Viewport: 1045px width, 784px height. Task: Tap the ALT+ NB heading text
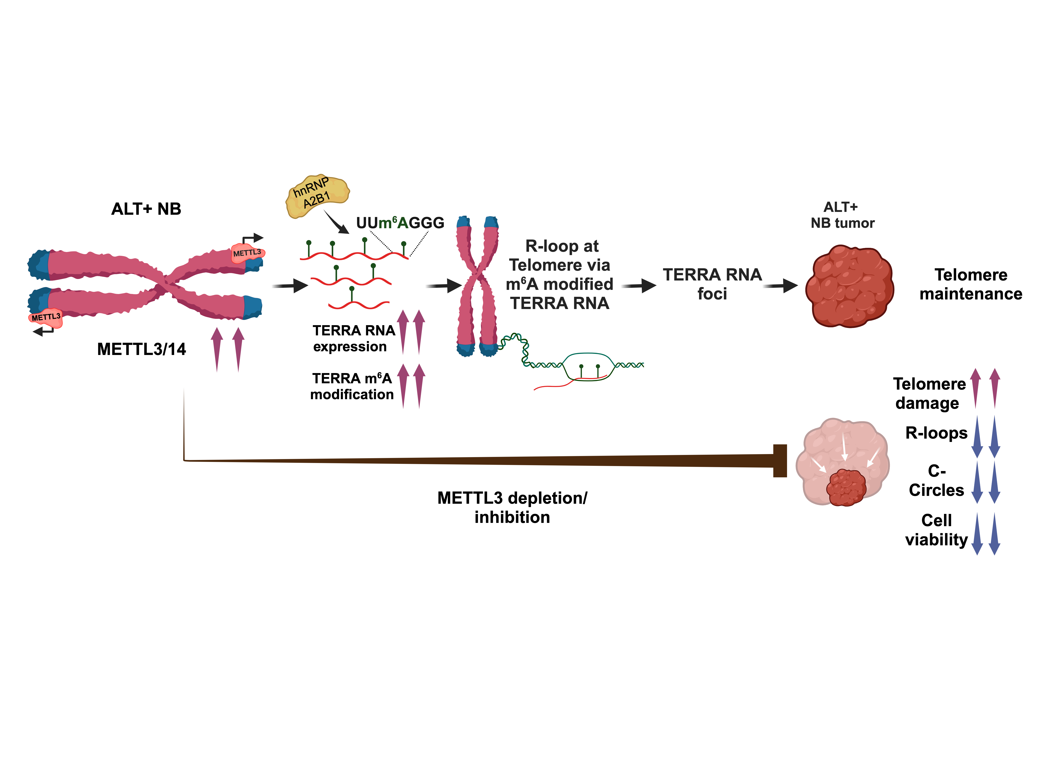tap(146, 209)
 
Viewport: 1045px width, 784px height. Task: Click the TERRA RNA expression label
tap(353, 338)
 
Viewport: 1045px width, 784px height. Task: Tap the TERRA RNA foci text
tap(712, 284)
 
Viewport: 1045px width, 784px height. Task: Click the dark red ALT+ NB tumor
tap(849, 286)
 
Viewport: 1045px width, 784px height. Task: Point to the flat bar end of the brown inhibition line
tap(780, 461)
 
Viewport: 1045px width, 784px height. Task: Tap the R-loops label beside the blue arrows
tap(936, 433)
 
